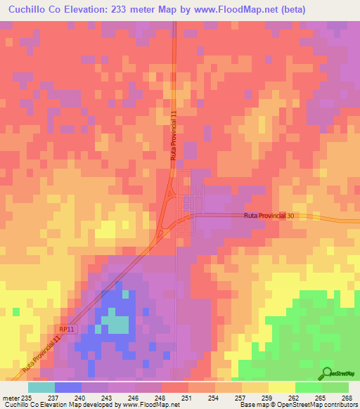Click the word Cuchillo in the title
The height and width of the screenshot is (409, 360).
[x=30, y=10]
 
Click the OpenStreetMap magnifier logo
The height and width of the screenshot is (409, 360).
[x=327, y=374]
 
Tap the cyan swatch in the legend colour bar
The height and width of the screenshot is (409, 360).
[x=41, y=387]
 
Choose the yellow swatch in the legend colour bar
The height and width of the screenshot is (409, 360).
[x=281, y=387]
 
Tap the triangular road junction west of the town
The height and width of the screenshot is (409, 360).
[x=167, y=223]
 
